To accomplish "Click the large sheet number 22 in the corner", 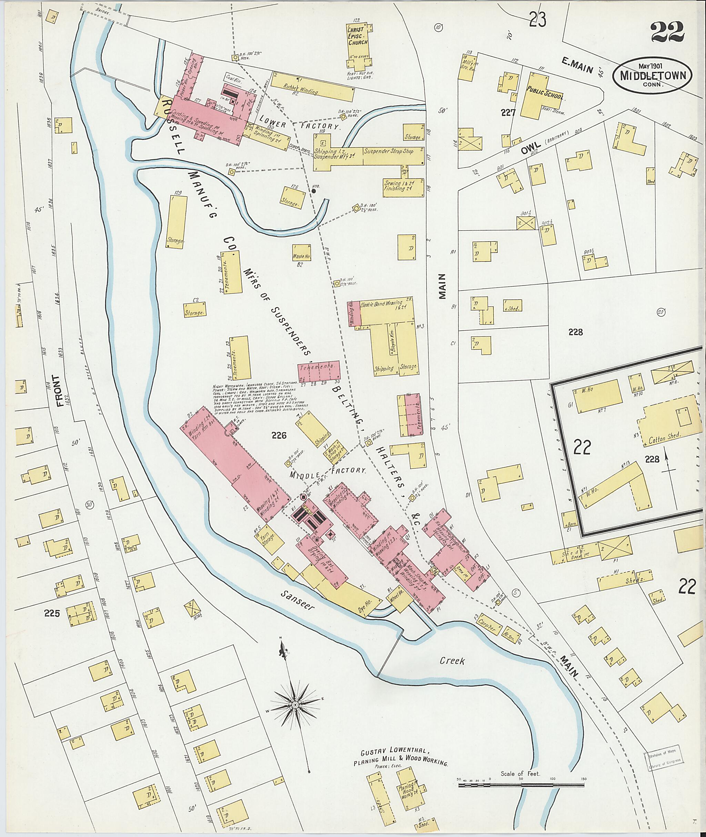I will click(x=667, y=33).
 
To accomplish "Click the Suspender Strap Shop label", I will click(x=388, y=152).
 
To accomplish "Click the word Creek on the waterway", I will click(x=452, y=661).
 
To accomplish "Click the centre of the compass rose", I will click(x=295, y=705).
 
